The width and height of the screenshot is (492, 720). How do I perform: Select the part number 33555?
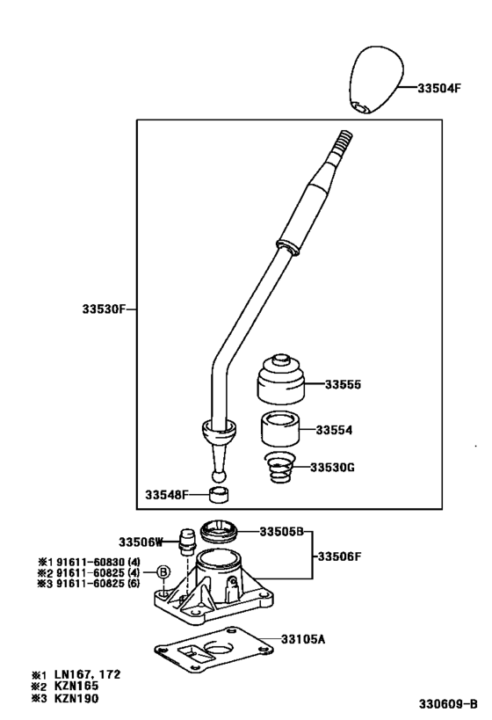[343, 384]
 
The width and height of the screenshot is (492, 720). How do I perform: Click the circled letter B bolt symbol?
[163, 572]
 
